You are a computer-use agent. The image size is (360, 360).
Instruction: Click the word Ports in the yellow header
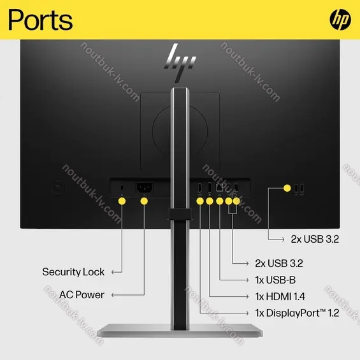40,20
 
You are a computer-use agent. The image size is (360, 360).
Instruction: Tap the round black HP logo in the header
340,20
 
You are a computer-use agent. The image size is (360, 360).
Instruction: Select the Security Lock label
73,272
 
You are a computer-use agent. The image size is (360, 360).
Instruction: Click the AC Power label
82,295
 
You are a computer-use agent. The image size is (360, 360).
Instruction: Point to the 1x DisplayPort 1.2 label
297,313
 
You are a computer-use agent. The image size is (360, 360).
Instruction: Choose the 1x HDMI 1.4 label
280,296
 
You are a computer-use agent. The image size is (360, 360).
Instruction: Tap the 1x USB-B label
275,280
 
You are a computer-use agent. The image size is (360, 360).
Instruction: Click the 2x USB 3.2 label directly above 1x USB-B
279,263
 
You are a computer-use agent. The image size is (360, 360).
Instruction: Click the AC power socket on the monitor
145,187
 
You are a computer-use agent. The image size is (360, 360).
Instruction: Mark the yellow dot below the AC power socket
144,201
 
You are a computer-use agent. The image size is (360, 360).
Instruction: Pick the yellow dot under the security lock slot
122,201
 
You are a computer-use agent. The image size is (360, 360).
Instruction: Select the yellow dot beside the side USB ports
287,188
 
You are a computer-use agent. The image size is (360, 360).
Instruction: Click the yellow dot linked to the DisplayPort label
200,201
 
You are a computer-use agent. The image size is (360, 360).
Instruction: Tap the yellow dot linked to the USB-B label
219,201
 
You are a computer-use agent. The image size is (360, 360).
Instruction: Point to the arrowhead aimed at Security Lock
113,272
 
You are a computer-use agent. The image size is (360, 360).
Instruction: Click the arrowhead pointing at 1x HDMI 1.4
247,297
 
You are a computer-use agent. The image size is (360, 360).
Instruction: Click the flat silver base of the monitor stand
180,331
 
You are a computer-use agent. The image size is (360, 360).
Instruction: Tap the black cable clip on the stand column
180,214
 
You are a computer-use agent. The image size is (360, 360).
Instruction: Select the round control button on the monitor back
59,188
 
